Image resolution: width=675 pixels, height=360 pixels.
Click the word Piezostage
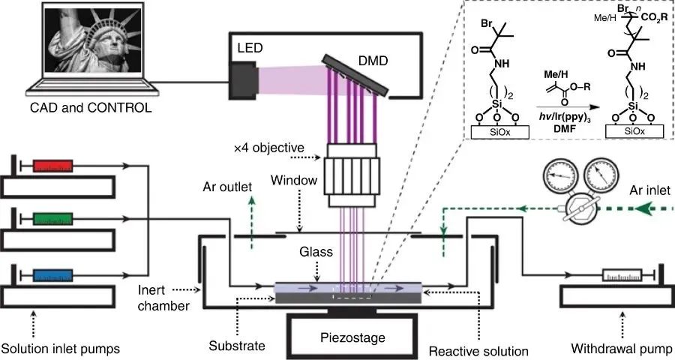tap(352, 338)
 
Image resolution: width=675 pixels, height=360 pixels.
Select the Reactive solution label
tap(479, 349)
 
